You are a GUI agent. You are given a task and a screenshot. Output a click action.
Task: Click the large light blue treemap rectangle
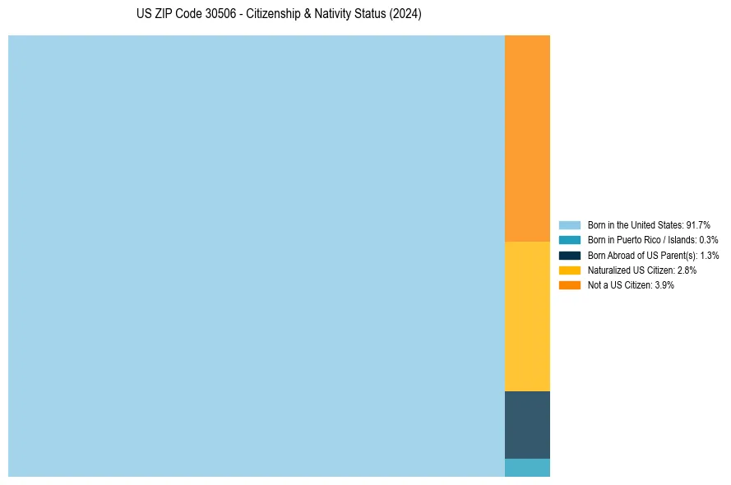click(256, 256)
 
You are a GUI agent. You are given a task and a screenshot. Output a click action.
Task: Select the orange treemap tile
click(527, 138)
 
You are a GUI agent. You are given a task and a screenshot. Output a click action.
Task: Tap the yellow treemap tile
click(527, 316)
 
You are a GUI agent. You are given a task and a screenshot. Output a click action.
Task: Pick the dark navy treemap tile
click(527, 424)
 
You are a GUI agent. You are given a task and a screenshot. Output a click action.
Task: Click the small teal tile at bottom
click(527, 468)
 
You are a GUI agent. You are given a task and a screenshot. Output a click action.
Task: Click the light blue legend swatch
click(570, 225)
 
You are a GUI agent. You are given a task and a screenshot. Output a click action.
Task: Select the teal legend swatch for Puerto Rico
click(570, 240)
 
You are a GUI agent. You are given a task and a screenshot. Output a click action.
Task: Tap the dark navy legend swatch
click(570, 255)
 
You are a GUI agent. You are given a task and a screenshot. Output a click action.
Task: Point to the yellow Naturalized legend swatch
click(570, 270)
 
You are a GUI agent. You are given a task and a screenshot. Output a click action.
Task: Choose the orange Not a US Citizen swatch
click(570, 284)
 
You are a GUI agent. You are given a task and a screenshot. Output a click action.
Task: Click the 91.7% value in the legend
click(698, 225)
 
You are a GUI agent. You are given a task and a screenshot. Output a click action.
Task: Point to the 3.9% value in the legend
click(664, 284)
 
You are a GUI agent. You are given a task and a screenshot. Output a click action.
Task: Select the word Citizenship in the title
click(274, 15)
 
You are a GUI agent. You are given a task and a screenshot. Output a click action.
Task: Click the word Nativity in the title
click(331, 15)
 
